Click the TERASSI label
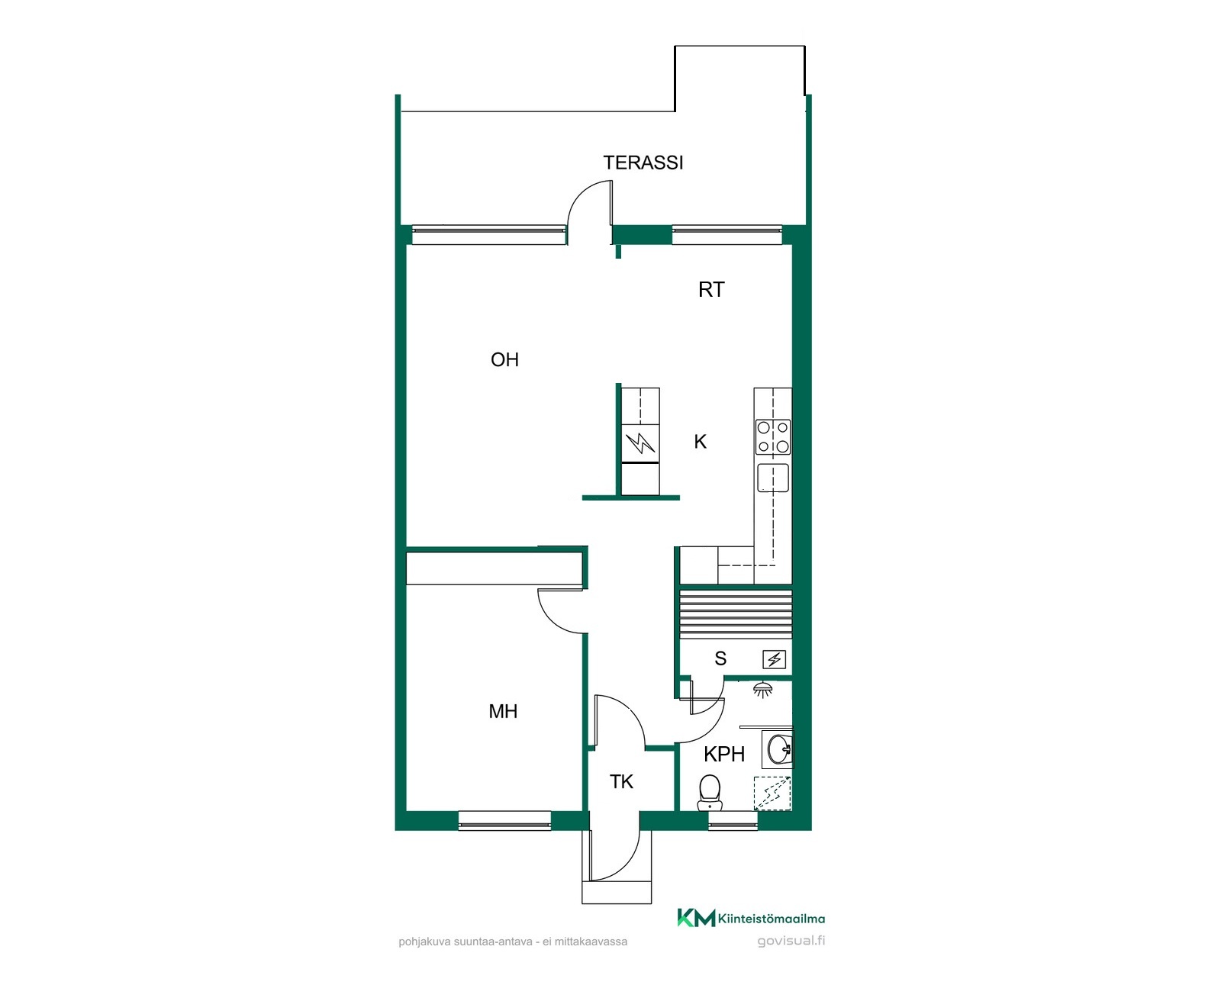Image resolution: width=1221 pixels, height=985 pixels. [643, 163]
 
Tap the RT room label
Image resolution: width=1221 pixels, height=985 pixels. [711, 290]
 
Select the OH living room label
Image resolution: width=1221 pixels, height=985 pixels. [504, 359]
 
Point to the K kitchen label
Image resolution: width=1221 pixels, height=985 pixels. [700, 442]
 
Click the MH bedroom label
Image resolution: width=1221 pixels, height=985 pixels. [503, 712]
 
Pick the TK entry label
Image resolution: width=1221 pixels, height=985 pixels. [621, 782]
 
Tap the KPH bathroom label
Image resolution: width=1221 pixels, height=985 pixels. [724, 754]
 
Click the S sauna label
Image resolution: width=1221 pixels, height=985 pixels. [720, 658]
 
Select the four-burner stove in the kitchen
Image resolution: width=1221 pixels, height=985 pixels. [773, 436]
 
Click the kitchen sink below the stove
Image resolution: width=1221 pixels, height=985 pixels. [773, 477]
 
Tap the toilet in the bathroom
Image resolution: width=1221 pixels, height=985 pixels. [710, 793]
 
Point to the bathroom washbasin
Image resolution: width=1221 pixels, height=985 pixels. [780, 749]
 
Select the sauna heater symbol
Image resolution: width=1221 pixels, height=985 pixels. [774, 659]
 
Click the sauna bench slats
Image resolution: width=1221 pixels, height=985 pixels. [736, 615]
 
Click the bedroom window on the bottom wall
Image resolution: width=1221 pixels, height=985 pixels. [504, 821]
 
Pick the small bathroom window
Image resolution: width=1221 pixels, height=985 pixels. [733, 821]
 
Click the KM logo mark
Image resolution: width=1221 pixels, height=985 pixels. [696, 918]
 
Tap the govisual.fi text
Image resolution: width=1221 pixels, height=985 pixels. [791, 941]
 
